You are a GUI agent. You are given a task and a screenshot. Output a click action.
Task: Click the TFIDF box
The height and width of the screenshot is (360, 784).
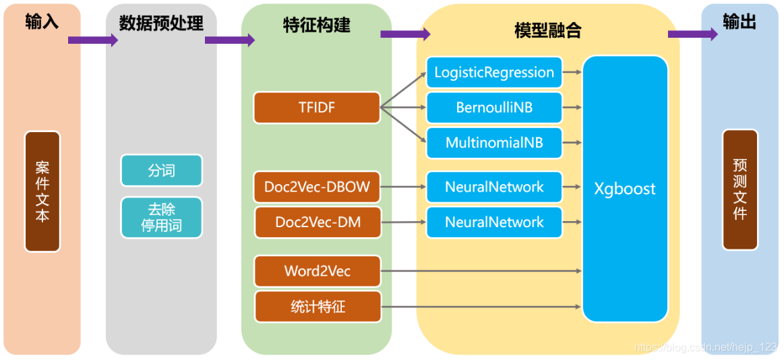(317, 107)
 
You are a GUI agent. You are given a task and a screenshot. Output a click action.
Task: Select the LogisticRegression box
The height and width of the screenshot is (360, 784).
(494, 73)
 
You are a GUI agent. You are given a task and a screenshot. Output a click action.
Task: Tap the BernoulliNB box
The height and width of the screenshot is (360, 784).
(494, 107)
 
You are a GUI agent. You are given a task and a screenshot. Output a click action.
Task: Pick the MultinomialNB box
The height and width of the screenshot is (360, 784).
(494, 143)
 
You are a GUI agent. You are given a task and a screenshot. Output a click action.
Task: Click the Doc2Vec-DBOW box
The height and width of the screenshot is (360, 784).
(317, 187)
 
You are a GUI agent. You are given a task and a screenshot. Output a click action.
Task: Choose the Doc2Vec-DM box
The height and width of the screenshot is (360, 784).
(318, 222)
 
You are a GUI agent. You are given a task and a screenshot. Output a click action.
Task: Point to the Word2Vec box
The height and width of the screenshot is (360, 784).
(317, 271)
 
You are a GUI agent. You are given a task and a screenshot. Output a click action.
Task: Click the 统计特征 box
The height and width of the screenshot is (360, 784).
(318, 307)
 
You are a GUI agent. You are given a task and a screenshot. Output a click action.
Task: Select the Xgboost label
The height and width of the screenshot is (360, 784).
(624, 189)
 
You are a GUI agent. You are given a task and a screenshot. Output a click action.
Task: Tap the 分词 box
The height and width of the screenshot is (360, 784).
(162, 171)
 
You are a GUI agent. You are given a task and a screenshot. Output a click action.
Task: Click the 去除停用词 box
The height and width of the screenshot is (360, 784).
(162, 218)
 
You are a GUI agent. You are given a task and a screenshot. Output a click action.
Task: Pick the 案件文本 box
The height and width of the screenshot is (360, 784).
(42, 191)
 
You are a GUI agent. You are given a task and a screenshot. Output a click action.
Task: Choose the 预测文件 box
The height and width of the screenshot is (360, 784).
(740, 189)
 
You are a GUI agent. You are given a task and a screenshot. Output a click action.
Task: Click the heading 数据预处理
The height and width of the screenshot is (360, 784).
(161, 23)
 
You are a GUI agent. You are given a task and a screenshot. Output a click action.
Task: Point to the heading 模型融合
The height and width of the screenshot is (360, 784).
(548, 31)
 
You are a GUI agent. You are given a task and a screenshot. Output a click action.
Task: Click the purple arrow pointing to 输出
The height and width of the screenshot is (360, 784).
(693, 34)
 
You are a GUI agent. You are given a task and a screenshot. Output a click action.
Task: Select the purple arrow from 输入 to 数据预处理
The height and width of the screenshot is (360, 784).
(93, 40)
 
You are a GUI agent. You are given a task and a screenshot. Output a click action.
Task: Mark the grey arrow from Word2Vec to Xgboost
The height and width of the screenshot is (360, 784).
(481, 271)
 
